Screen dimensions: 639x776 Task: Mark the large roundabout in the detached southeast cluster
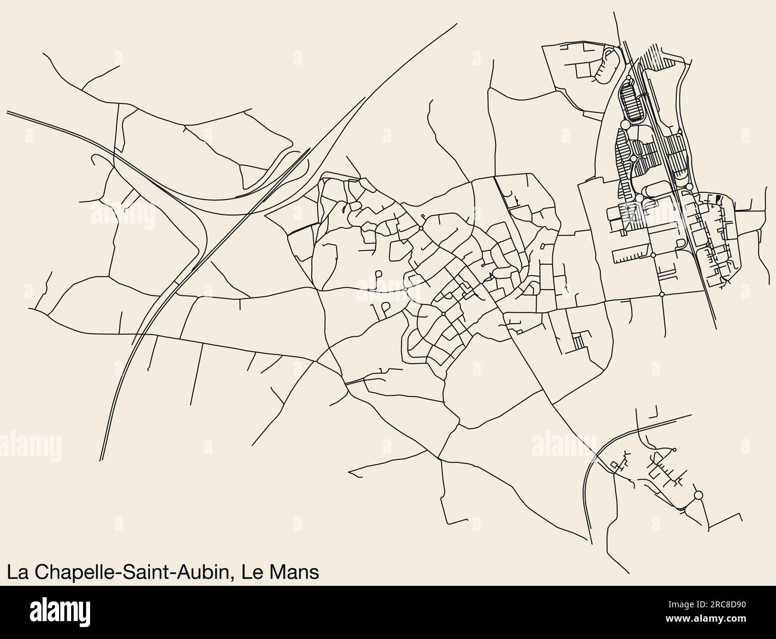coord(698,495)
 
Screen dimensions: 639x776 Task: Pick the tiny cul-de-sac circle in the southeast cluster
coord(673,450)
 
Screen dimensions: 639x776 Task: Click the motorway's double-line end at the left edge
coord(7,111)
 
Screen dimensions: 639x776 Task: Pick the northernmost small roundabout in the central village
coord(421,228)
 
